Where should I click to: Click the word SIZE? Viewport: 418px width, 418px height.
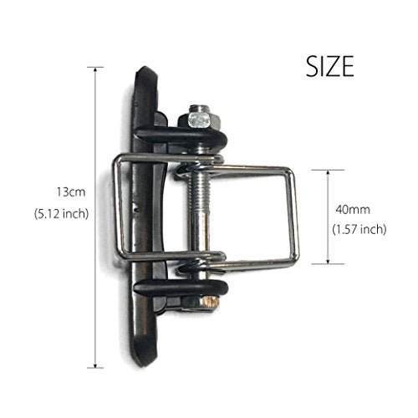click(x=330, y=66)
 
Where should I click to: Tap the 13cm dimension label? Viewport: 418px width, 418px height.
click(x=71, y=192)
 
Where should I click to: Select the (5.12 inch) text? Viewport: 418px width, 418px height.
click(x=61, y=214)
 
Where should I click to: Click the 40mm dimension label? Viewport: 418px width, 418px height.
click(x=353, y=210)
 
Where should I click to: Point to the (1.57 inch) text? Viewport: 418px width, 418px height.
click(x=359, y=229)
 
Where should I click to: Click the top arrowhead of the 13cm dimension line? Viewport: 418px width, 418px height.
click(x=95, y=69)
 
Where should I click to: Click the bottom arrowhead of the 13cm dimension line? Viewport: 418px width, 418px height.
click(x=95, y=365)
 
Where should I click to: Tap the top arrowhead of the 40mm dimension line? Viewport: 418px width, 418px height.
click(x=328, y=173)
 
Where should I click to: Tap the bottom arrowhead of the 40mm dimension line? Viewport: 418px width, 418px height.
click(x=328, y=261)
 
